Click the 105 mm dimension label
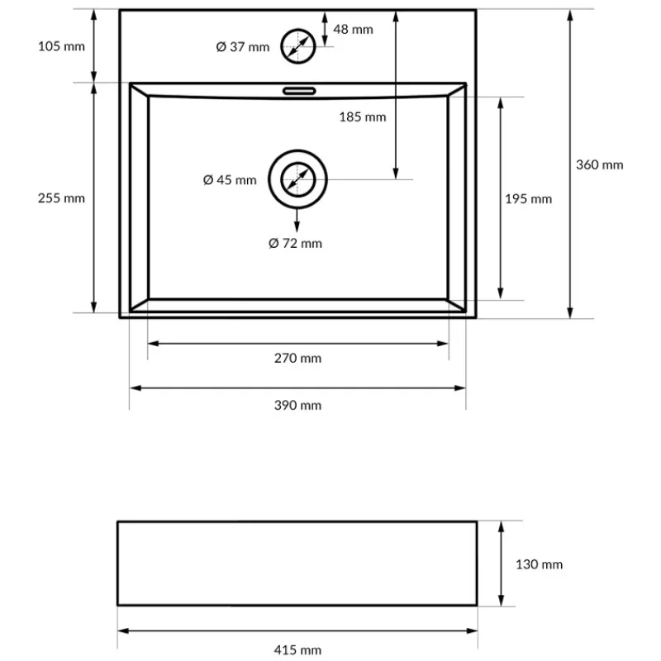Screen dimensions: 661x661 61,46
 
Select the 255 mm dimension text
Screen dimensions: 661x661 61,198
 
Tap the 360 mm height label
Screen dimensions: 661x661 599,164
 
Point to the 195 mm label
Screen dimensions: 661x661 528,199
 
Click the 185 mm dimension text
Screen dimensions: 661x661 362,117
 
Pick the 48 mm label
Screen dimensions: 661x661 353,30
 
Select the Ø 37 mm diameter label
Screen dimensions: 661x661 243,47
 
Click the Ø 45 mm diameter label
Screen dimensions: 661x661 230,180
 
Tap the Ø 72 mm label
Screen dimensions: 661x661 296,243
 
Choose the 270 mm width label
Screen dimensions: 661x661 297,359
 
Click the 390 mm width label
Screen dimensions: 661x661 297,405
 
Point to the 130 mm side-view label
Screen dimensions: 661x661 539,565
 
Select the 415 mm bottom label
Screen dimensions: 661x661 297,650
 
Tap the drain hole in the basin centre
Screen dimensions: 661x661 298,179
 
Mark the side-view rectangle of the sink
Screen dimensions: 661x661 297,564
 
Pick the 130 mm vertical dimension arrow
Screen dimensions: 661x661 501,564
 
